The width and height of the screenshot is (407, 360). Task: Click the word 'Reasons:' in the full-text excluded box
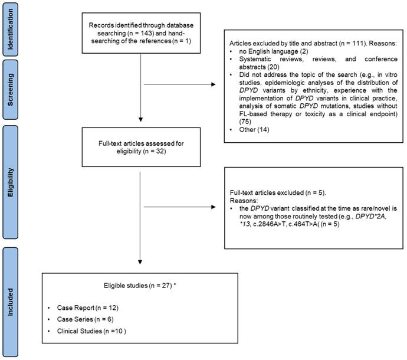tap(241, 199)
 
